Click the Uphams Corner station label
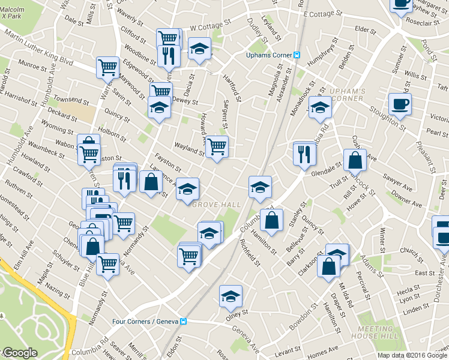tap(269, 55)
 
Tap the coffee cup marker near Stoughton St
tap(400, 105)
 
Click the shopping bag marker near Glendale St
tap(355, 161)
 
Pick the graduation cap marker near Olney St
tap(230, 296)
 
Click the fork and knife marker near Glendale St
tap(305, 154)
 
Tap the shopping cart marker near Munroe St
tap(107, 68)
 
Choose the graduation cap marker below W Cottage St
tap(199, 49)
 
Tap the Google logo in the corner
tap(19, 353)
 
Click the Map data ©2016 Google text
tap(412, 355)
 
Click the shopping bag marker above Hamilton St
tap(271, 220)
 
